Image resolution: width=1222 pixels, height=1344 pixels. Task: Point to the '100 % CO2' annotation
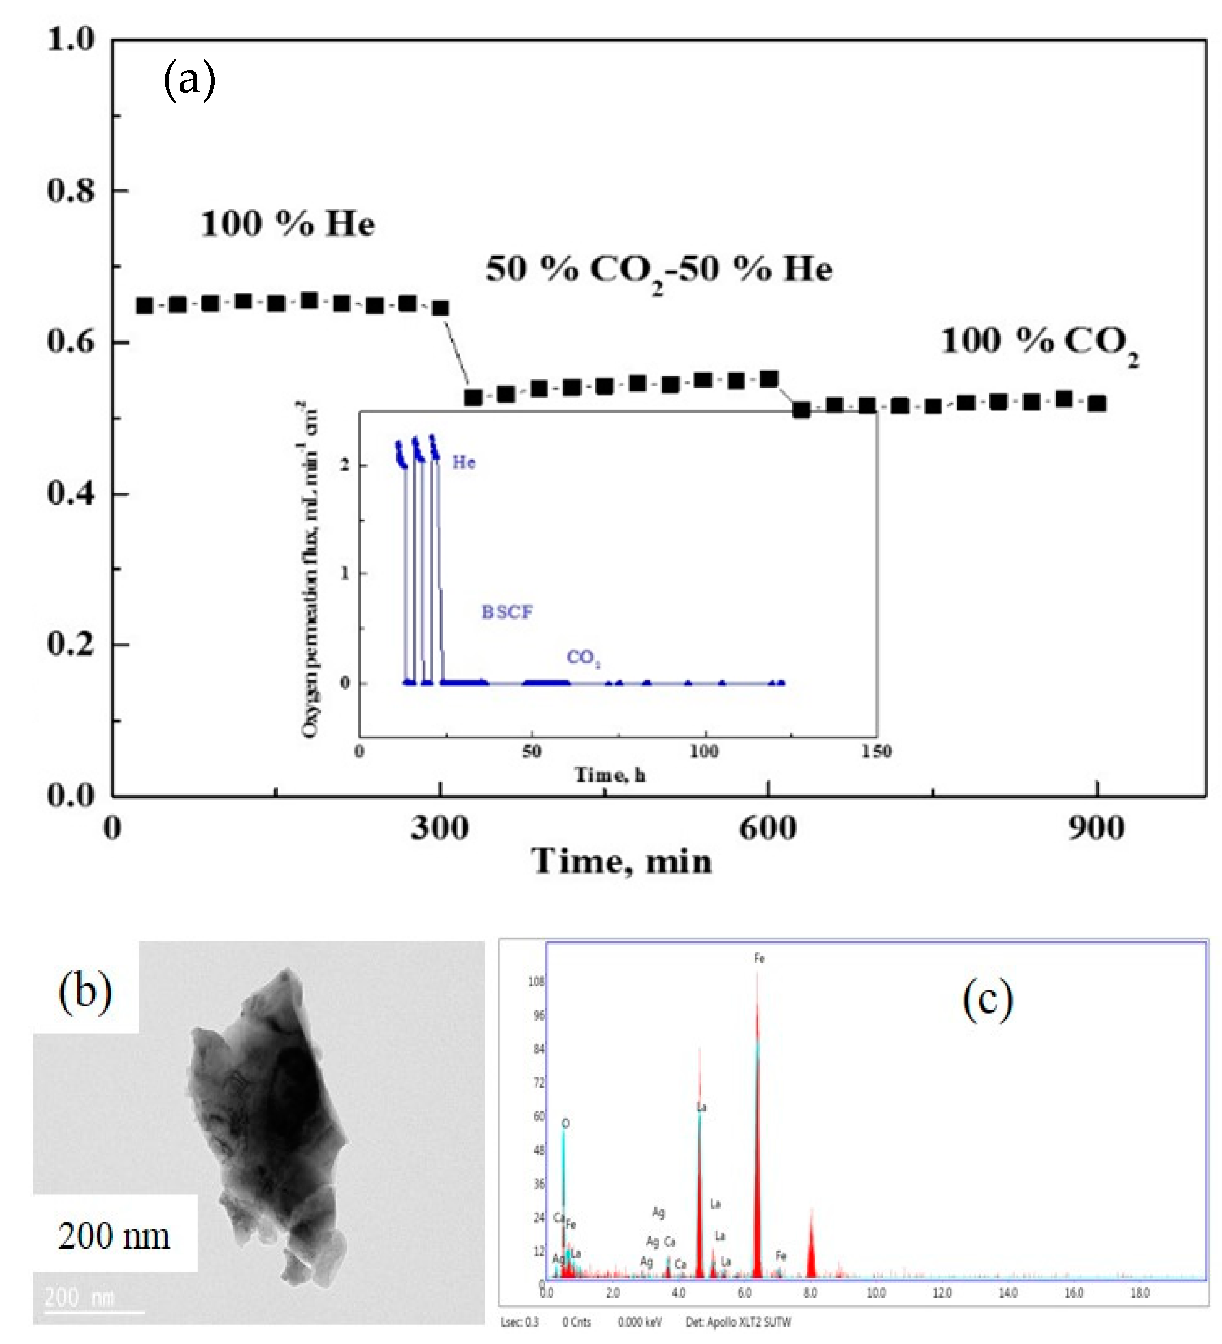(x=1039, y=343)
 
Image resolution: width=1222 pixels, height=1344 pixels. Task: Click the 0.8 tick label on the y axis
(x=71, y=191)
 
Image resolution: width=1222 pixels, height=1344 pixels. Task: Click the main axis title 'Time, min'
(x=621, y=861)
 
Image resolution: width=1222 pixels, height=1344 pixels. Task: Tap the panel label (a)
(x=189, y=79)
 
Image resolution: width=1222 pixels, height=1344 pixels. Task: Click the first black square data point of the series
(x=145, y=306)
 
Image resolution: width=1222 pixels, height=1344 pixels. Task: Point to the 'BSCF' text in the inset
(x=507, y=612)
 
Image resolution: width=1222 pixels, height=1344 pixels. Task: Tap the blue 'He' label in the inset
(x=464, y=462)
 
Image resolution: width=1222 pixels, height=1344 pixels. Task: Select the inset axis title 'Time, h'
(x=610, y=775)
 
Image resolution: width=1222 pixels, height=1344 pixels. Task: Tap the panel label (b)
(x=85, y=991)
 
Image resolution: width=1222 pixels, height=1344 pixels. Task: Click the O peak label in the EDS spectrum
(x=565, y=1124)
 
